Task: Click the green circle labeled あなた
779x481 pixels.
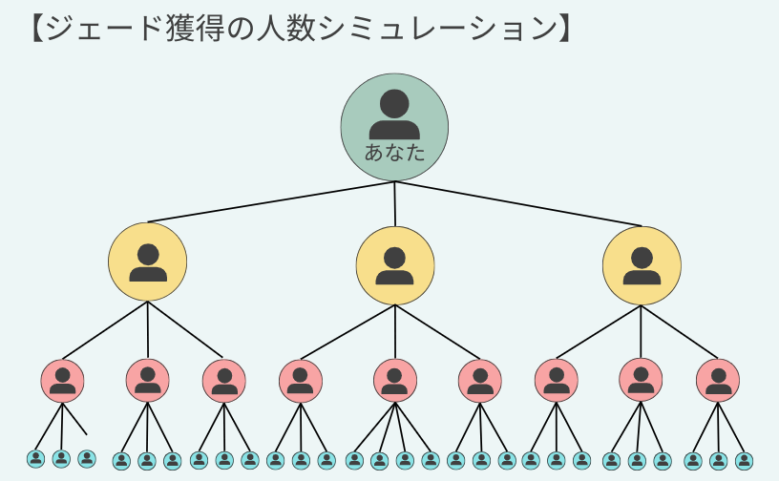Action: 394,127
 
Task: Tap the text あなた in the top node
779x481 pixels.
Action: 394,152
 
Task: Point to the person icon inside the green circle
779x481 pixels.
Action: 394,115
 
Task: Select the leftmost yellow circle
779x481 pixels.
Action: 147,263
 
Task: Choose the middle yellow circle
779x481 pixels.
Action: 395,265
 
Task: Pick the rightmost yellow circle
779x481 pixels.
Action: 642,265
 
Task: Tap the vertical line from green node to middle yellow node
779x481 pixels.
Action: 394,204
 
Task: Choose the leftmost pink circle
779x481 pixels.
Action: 62,380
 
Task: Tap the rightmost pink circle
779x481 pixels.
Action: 718,380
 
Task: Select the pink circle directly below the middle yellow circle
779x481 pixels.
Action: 395,380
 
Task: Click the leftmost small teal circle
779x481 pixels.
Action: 36,459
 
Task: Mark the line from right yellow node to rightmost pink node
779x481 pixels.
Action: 680,332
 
